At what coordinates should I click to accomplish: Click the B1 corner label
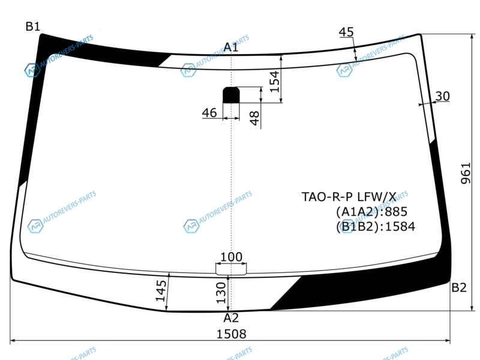pos(33,26)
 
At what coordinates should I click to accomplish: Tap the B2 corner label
pos(459,287)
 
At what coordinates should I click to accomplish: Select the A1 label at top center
pos(231,47)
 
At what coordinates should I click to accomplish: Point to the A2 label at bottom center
pos(231,318)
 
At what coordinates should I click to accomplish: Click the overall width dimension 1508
pos(231,334)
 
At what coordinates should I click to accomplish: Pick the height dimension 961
pos(466,173)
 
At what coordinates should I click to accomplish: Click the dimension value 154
pos(275,82)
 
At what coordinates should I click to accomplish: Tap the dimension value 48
pos(254,118)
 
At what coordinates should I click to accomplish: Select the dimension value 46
pos(209,113)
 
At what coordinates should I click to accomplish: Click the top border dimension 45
pos(346,32)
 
